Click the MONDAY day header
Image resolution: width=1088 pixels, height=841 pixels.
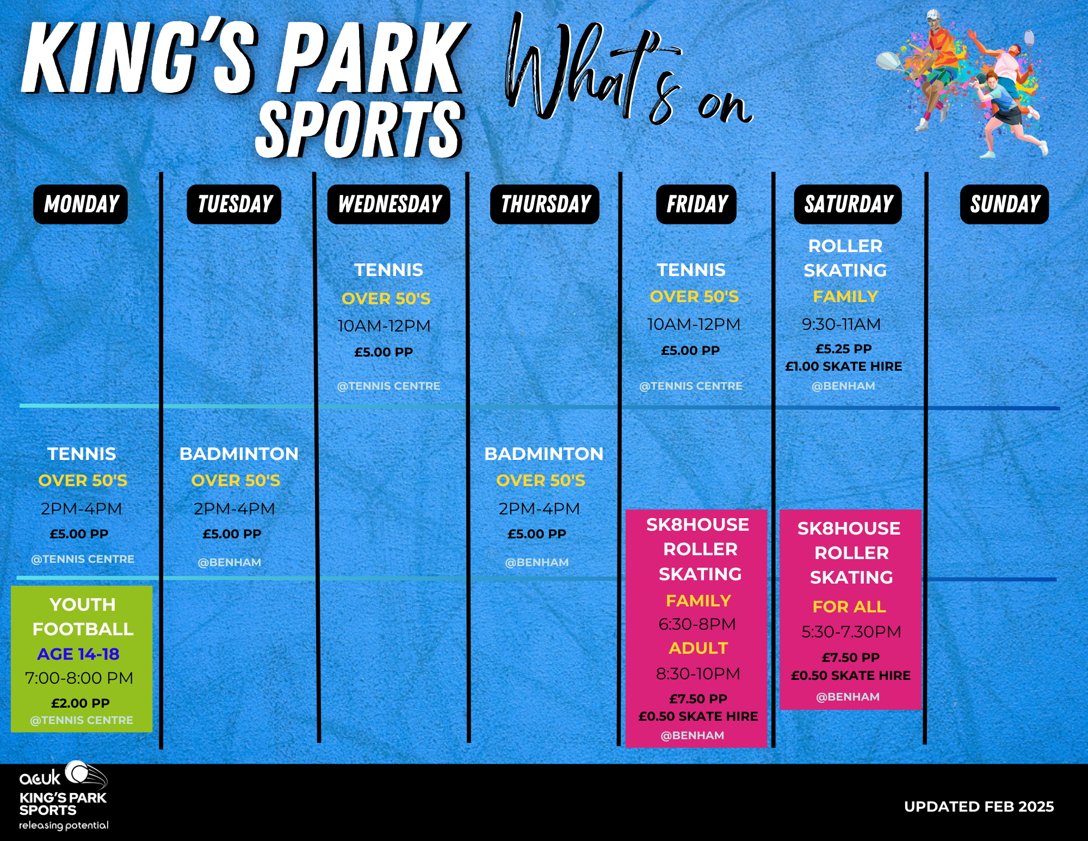tap(81, 204)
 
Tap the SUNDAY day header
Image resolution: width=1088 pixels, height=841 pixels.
tap(1004, 204)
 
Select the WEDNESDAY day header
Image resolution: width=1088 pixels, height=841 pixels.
tap(389, 204)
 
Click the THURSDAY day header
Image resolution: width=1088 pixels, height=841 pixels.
tap(545, 204)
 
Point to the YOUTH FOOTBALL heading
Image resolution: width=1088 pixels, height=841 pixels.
tap(83, 617)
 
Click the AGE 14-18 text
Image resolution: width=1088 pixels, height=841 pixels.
tap(78, 654)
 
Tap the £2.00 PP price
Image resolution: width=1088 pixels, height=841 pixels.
tap(81, 703)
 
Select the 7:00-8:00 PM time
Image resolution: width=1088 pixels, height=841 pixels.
tap(79, 678)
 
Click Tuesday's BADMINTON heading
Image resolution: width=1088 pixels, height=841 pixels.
tap(239, 454)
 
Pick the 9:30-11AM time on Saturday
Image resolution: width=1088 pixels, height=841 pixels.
tap(841, 324)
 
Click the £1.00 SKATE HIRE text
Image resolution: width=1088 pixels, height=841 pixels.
tap(844, 366)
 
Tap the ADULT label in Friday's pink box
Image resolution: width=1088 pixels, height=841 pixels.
tap(698, 648)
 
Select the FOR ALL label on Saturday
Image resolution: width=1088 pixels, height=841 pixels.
tap(849, 606)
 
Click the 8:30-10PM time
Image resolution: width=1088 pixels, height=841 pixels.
tap(698, 674)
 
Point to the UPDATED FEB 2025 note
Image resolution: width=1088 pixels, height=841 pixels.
tap(979, 807)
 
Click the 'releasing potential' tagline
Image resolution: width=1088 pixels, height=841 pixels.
tap(64, 825)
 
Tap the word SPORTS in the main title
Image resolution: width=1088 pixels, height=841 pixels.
tap(360, 130)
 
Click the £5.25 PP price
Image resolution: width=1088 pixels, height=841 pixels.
tap(844, 349)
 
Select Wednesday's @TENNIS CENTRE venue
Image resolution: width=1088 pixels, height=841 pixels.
tap(388, 386)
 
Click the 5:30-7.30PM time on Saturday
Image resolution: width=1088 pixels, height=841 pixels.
tap(851, 632)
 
